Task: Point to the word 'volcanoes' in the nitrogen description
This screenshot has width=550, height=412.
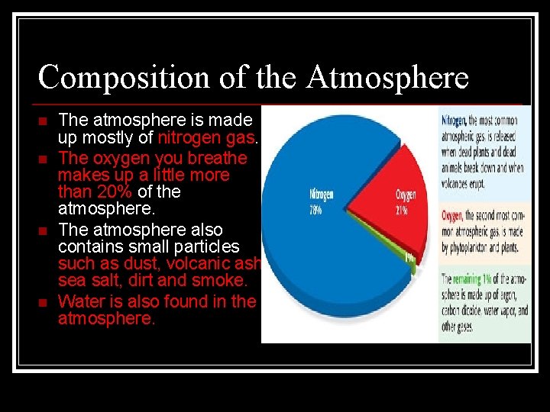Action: [x=457, y=183]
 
